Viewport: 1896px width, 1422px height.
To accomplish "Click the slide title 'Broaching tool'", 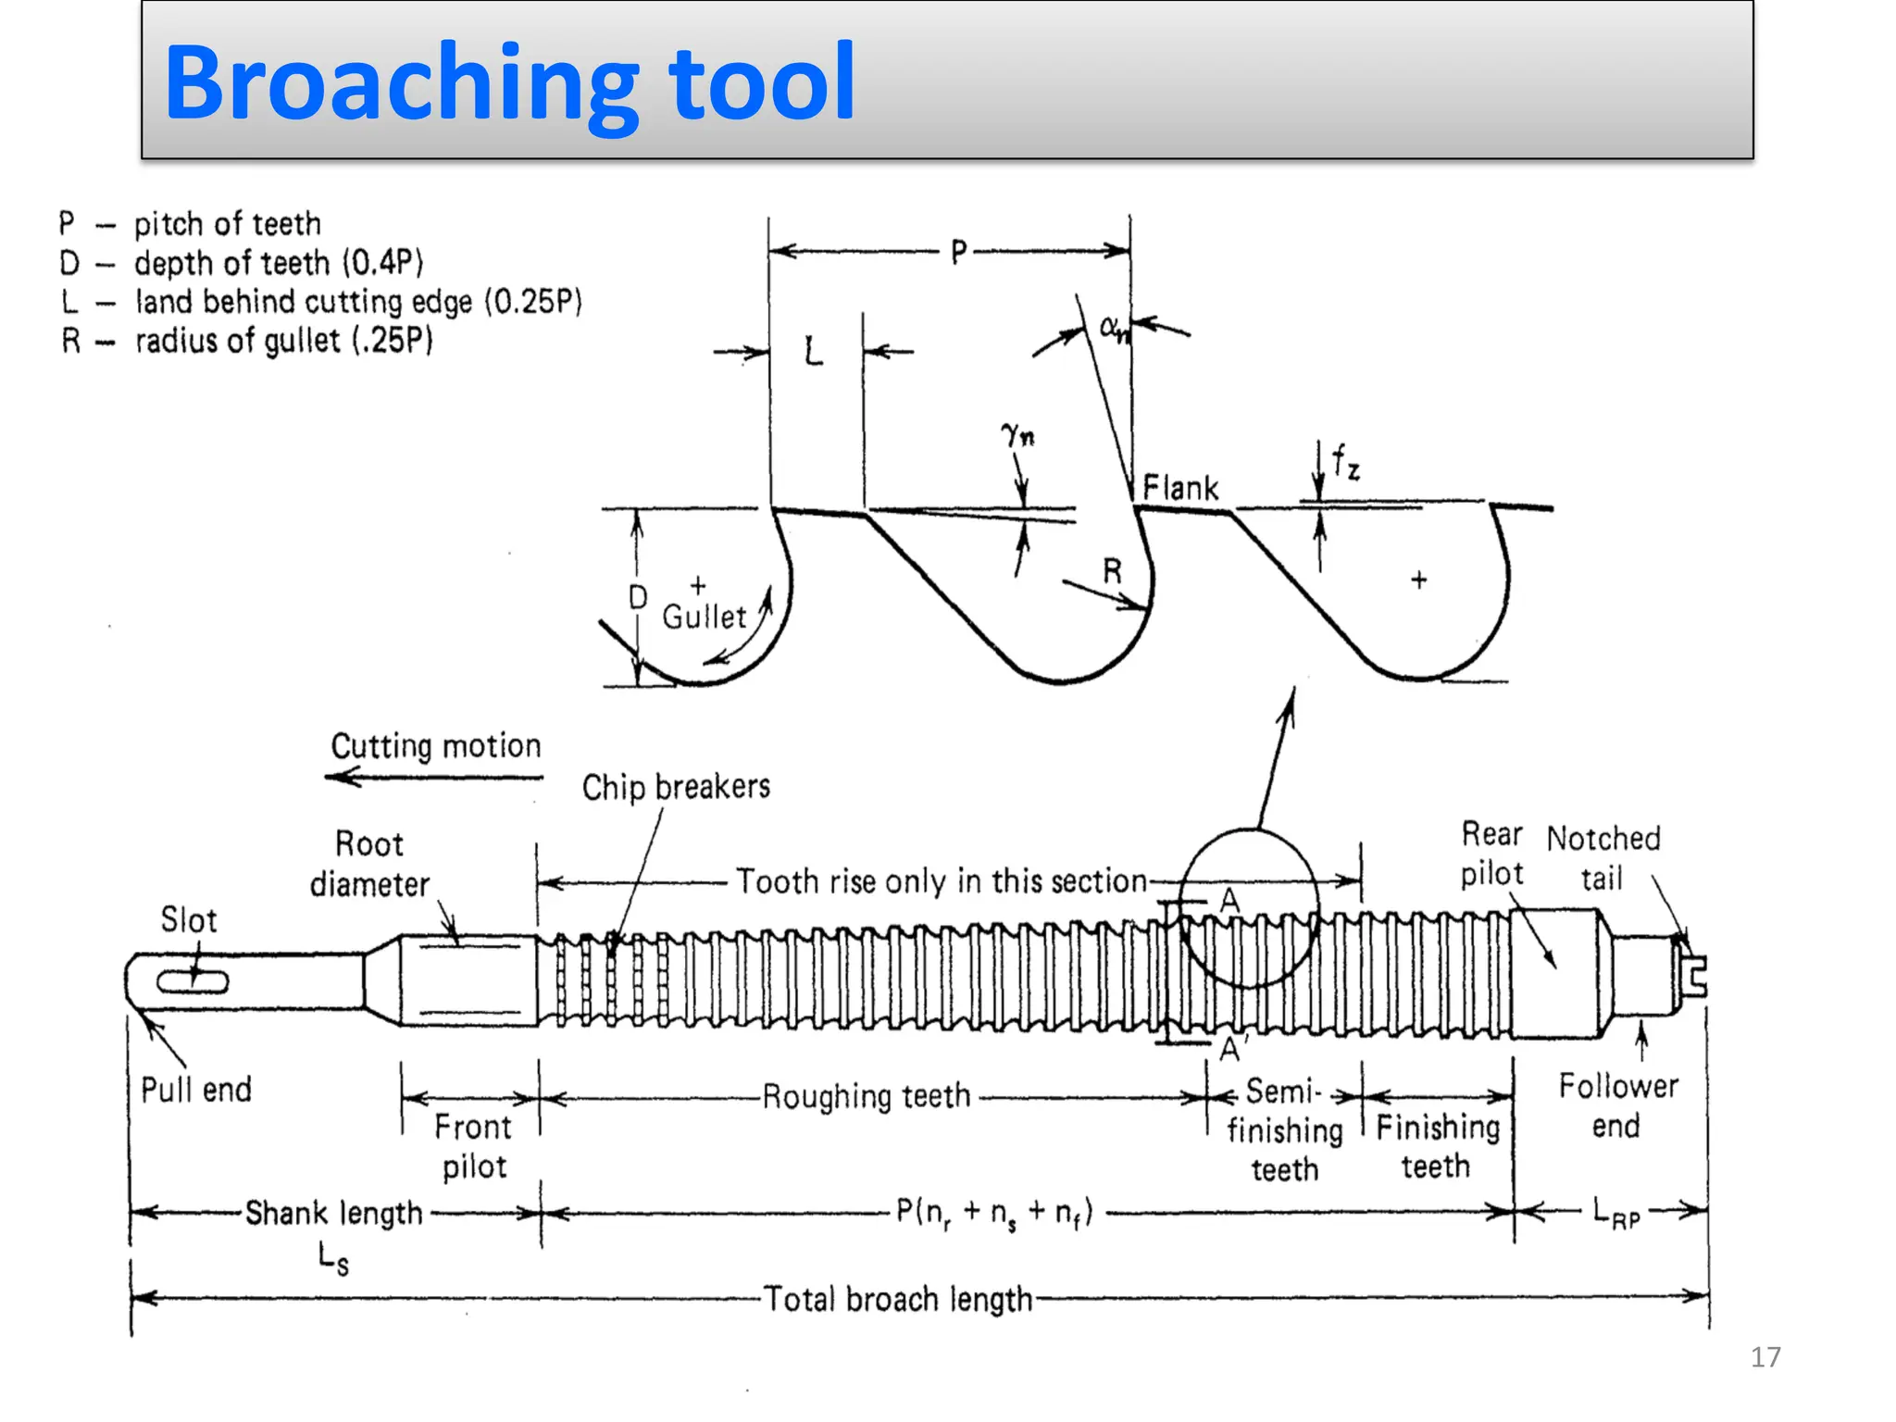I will click(509, 83).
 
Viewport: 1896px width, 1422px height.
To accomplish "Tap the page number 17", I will click(1765, 1357).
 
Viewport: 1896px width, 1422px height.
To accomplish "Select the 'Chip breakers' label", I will click(676, 787).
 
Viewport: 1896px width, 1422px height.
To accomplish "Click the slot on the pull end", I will click(192, 982).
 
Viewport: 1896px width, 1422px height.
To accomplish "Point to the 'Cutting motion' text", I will click(436, 746).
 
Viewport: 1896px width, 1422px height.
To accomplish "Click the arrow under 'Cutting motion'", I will click(433, 777).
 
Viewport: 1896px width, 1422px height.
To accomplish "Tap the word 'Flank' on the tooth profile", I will click(1180, 488).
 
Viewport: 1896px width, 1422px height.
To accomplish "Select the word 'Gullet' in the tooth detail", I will click(704, 617).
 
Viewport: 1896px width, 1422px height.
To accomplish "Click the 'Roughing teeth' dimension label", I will click(867, 1097).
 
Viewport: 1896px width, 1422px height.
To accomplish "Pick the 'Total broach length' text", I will click(897, 1300).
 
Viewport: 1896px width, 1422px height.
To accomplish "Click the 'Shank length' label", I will click(333, 1213).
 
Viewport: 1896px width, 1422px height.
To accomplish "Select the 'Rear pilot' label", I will click(1491, 854).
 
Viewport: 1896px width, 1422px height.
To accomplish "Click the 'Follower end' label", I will click(1617, 1105).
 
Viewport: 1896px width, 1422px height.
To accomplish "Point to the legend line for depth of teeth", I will click(241, 264).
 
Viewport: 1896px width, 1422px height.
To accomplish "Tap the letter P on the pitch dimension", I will click(959, 252).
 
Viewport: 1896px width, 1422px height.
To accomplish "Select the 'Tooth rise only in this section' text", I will click(942, 881).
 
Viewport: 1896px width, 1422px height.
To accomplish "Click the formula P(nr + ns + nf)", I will click(995, 1212).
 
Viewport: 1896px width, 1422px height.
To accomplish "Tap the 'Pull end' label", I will click(196, 1090).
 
